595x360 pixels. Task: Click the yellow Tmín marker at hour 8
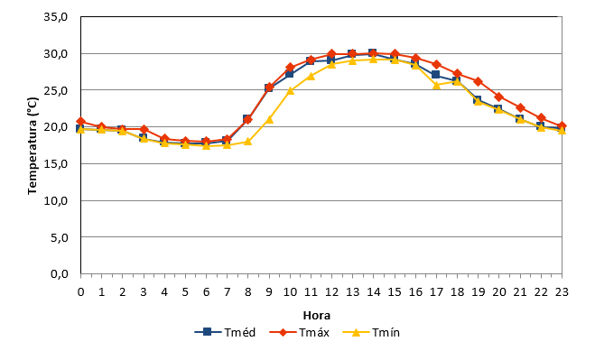coord(247,142)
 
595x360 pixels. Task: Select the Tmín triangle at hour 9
coord(269,119)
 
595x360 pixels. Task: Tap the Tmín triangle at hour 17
coord(436,85)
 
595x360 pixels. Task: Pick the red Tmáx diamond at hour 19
coord(479,81)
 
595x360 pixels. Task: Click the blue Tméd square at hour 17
coord(435,74)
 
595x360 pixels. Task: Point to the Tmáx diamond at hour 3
coord(144,129)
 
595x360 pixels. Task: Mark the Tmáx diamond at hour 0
coord(81,122)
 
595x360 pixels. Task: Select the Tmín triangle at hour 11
coord(311,76)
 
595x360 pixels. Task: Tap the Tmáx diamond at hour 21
coord(520,107)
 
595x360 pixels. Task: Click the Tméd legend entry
coord(225,332)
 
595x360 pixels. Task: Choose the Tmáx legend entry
coord(300,332)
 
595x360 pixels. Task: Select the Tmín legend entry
coord(371,332)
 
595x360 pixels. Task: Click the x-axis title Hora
coord(317,315)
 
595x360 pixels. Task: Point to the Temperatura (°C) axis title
coord(33,145)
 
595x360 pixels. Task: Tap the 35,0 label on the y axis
coord(56,17)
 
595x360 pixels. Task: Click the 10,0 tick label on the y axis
coord(56,200)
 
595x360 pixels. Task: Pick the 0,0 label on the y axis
coord(60,274)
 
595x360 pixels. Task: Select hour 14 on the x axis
coord(374,291)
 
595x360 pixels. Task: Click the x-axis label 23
coord(562,291)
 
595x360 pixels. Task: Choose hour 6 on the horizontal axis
coord(206,291)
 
